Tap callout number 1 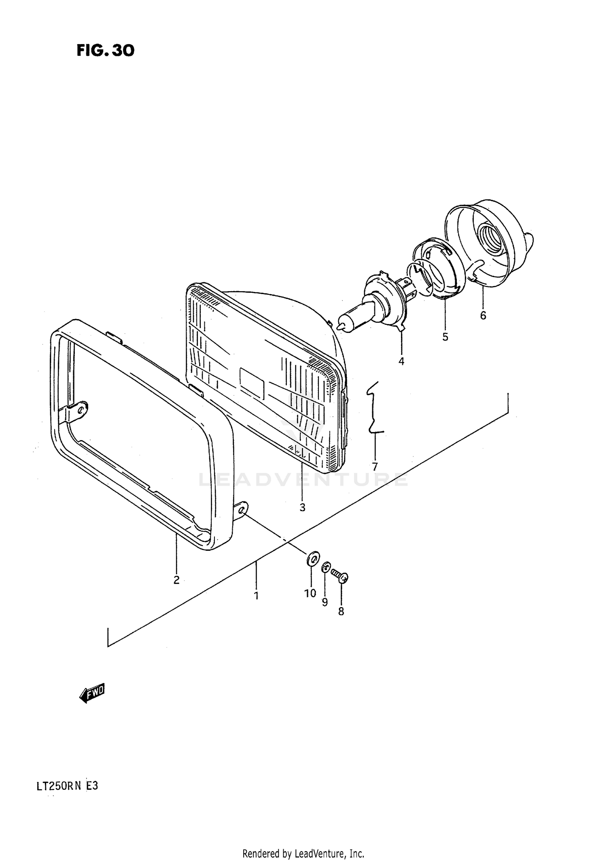[256, 595]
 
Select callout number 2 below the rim [176, 580]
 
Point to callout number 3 [302, 507]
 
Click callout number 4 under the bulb [401, 361]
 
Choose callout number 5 [445, 337]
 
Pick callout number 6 [483, 315]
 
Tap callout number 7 [375, 467]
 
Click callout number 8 [341, 612]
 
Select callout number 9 [325, 602]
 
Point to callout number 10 [310, 593]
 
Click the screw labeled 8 [340, 575]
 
